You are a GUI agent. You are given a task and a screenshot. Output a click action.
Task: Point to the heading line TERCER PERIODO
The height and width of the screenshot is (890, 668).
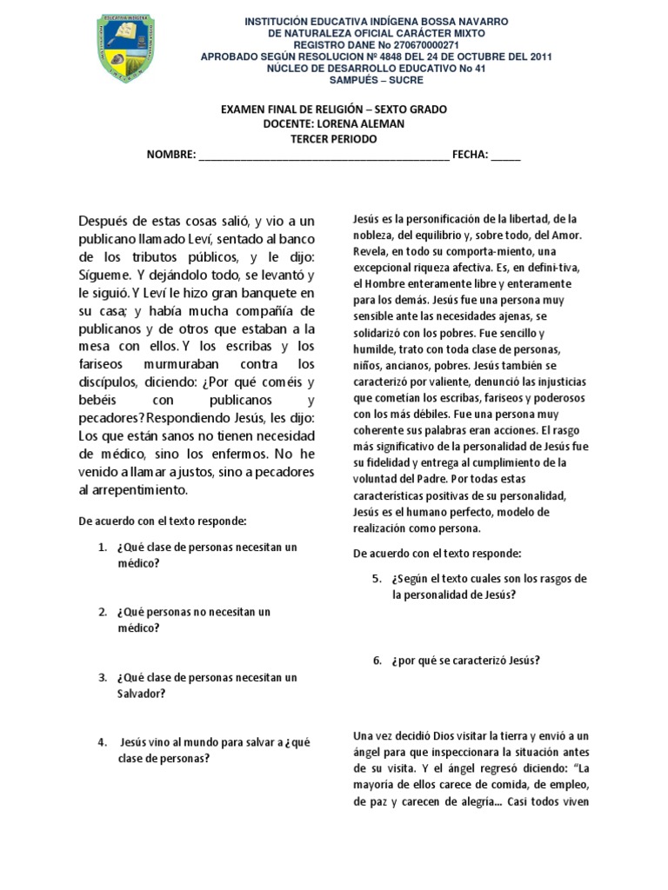point(334,139)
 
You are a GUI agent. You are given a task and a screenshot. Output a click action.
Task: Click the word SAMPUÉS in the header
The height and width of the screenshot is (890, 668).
point(355,81)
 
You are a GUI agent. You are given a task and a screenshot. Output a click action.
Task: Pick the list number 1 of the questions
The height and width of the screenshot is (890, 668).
point(102,548)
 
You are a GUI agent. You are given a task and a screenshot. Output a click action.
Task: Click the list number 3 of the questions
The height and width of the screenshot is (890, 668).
point(102,677)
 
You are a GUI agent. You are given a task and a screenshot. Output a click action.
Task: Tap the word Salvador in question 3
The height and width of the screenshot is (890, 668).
point(140,694)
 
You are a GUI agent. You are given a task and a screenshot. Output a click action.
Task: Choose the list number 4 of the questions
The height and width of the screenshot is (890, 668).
point(102,742)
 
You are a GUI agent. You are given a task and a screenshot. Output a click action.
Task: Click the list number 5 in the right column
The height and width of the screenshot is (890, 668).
point(377,579)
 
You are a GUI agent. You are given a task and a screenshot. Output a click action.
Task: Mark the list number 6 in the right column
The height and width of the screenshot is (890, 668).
point(377,661)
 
